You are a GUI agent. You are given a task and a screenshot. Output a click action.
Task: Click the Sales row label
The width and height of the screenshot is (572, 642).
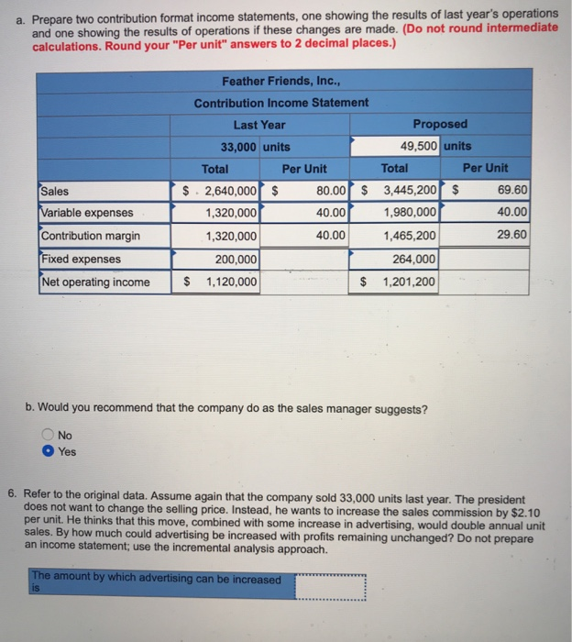55,192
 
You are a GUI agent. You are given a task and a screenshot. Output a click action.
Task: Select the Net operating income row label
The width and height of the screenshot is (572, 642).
95,282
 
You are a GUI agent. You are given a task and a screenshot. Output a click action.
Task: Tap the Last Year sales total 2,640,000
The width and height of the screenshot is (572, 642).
230,192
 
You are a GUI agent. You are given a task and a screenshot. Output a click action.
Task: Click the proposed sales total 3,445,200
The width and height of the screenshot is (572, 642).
408,192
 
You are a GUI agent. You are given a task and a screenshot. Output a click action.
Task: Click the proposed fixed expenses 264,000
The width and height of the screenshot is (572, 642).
414,260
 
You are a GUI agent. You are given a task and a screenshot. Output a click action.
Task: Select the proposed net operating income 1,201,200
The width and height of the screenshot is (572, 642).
408,282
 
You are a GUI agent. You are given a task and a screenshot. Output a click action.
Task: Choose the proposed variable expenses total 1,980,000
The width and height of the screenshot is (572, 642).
408,214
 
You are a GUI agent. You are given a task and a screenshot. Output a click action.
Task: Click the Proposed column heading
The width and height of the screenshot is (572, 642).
439,125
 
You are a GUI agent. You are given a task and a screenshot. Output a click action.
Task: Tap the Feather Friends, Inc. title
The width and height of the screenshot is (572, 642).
280,81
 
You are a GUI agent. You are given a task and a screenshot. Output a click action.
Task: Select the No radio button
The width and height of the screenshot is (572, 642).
48,436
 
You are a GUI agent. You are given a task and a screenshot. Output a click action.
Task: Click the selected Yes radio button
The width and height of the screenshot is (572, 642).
48,451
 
